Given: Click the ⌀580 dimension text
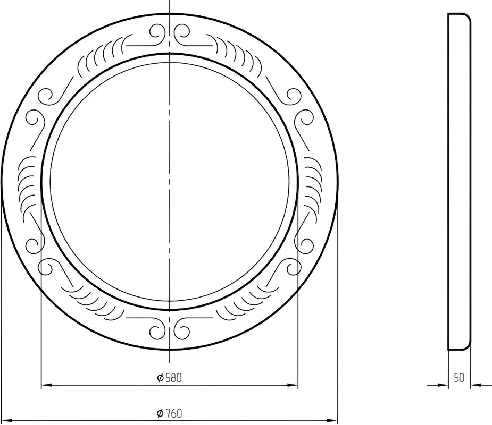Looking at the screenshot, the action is [x=170, y=378].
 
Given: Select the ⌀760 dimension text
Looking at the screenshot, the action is [x=170, y=413].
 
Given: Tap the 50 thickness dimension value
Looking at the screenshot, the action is [x=459, y=378].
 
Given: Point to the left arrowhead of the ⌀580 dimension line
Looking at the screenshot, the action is [x=47, y=385].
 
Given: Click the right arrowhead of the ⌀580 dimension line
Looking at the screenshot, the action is [x=292, y=385].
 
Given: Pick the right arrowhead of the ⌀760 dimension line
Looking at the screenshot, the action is [x=332, y=420].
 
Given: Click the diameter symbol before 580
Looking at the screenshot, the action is [x=160, y=378].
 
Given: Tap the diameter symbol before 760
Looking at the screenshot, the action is [x=160, y=413].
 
